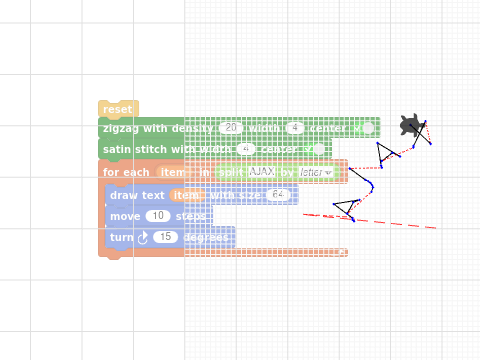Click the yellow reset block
pyautogui.click(x=117, y=109)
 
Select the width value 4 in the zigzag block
pyautogui.click(x=294, y=128)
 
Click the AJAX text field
pyautogui.click(x=262, y=172)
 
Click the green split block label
pyautogui.click(x=229, y=172)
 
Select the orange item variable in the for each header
pyautogui.click(x=171, y=172)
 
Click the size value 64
pyautogui.click(x=278, y=195)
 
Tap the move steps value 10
pyautogui.click(x=158, y=216)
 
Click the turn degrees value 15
pyautogui.click(x=166, y=237)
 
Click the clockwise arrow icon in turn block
pyautogui.click(x=142, y=237)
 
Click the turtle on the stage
pyautogui.click(x=410, y=125)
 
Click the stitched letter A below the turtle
pyautogui.click(x=387, y=151)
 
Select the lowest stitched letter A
pyautogui.click(x=345, y=209)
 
